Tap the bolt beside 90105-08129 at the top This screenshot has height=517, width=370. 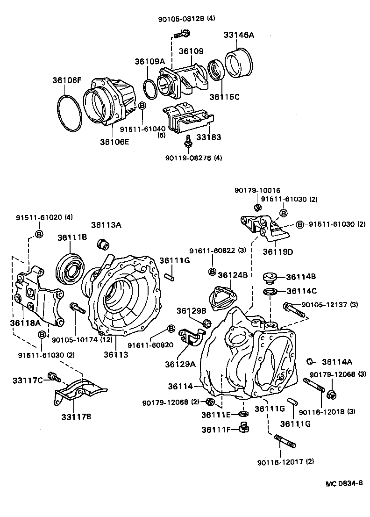[x=182, y=34]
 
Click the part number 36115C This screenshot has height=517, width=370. [x=224, y=97]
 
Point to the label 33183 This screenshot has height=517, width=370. [x=209, y=137]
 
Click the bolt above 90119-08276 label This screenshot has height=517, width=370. [x=188, y=143]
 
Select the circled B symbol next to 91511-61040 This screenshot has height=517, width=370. [x=142, y=107]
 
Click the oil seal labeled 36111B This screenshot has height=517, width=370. [x=70, y=268]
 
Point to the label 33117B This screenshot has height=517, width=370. [x=75, y=416]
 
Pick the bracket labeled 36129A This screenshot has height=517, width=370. [x=192, y=337]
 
